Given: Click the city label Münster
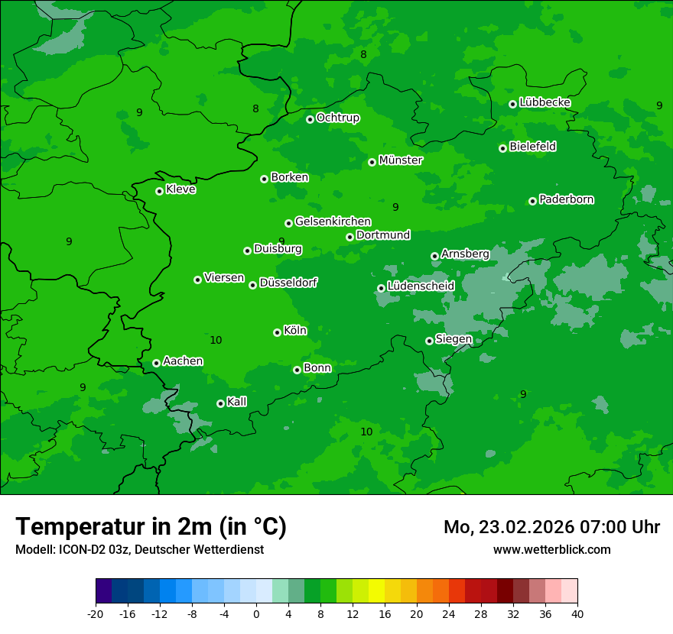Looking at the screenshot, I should (x=400, y=160).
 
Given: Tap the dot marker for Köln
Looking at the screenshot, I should (x=277, y=332).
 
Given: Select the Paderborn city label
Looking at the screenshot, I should (x=566, y=199).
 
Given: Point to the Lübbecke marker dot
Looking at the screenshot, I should (x=512, y=104).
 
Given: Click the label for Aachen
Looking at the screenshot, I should (x=183, y=361).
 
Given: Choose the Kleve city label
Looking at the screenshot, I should (x=180, y=189).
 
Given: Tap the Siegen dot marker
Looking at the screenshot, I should (x=429, y=341).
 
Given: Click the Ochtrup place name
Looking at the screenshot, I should (x=337, y=118).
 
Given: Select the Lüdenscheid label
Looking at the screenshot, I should (x=421, y=286).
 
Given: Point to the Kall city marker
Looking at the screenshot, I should (x=220, y=403).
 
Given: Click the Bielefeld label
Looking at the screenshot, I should (x=532, y=147).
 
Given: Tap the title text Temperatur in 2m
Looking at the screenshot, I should (x=151, y=526).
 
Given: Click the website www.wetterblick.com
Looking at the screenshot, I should (x=551, y=549).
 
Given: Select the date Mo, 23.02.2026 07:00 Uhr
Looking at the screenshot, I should (x=551, y=527).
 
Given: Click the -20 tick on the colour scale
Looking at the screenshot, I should (x=96, y=613).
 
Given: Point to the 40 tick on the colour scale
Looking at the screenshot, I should (x=577, y=613).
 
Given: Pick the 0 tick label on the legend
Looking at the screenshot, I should (x=256, y=613).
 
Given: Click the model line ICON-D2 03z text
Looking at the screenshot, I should (x=139, y=549).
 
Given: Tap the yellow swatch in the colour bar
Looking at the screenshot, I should (x=376, y=590).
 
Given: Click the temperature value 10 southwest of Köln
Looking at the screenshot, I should (x=216, y=340).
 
